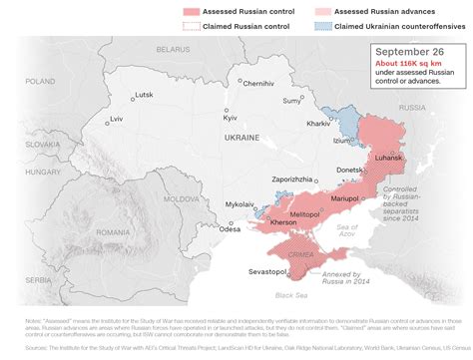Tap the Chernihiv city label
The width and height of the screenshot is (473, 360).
pyautogui.click(x=257, y=83)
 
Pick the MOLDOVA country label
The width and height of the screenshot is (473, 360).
pyautogui.click(x=182, y=199)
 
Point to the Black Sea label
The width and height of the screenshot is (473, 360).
pyautogui.click(x=290, y=296)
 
